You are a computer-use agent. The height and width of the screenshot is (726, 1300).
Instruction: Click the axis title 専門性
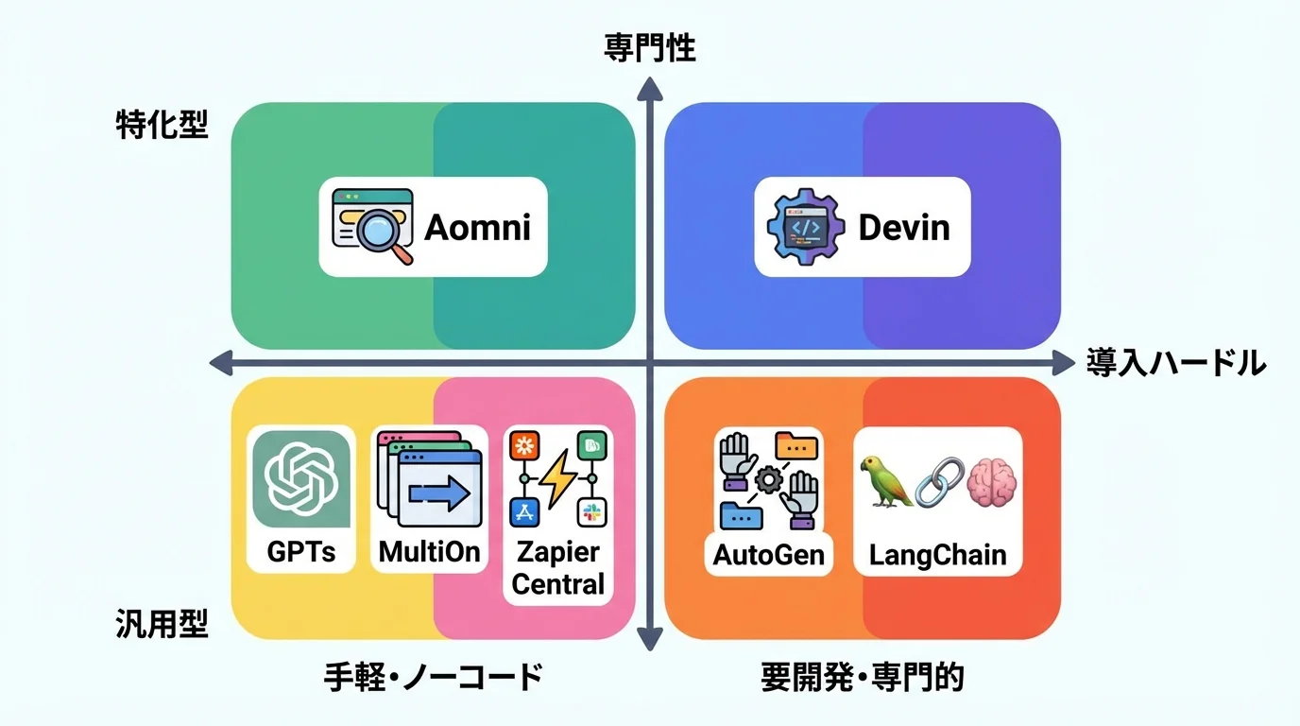tap(649, 49)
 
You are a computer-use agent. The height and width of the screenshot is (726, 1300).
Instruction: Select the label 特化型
tap(162, 125)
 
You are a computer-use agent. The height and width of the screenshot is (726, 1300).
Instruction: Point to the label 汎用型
tap(162, 624)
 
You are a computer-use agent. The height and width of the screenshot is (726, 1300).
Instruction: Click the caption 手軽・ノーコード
tap(434, 677)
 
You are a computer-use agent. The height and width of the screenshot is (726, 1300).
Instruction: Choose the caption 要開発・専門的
tap(863, 677)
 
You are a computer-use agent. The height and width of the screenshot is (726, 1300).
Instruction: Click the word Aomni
tap(477, 227)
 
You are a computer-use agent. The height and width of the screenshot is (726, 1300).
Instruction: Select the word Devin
tap(903, 227)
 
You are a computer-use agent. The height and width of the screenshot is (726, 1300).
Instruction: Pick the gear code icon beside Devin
tap(805, 227)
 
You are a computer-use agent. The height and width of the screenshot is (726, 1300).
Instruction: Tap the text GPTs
tap(301, 551)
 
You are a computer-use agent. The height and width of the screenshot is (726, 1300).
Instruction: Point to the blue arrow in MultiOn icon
tap(438, 493)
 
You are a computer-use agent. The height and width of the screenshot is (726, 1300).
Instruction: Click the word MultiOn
tap(430, 551)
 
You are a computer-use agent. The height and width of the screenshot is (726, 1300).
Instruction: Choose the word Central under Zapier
tap(557, 583)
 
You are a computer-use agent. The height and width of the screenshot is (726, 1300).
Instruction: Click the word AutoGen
tap(768, 554)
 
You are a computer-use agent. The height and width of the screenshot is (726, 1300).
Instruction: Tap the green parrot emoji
tap(887, 479)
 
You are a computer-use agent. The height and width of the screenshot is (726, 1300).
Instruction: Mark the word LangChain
tap(937, 554)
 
